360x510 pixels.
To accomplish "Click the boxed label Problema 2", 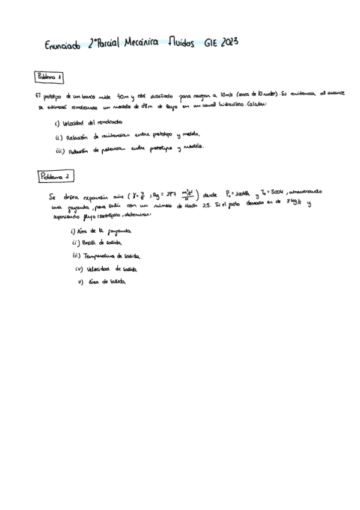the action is point(56,176).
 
